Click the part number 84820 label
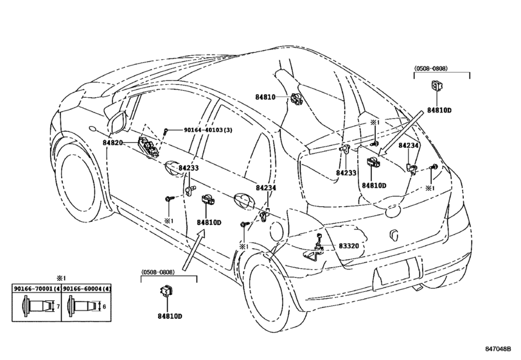tap(112, 143)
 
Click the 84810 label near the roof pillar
tap(265, 97)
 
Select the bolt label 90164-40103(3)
tap(208, 130)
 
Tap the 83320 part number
tap(349, 246)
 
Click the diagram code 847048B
tap(498, 349)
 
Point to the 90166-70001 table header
tap(37, 288)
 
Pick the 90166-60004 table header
tap(86, 288)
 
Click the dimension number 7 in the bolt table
tap(58, 307)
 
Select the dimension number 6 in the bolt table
tap(104, 307)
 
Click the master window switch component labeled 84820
tap(149, 147)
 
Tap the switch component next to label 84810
tap(296, 98)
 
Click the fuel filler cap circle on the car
tap(277, 231)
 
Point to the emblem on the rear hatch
tap(393, 235)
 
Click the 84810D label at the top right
tap(439, 111)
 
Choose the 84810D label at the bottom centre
tap(170, 316)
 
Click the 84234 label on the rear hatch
tap(409, 145)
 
